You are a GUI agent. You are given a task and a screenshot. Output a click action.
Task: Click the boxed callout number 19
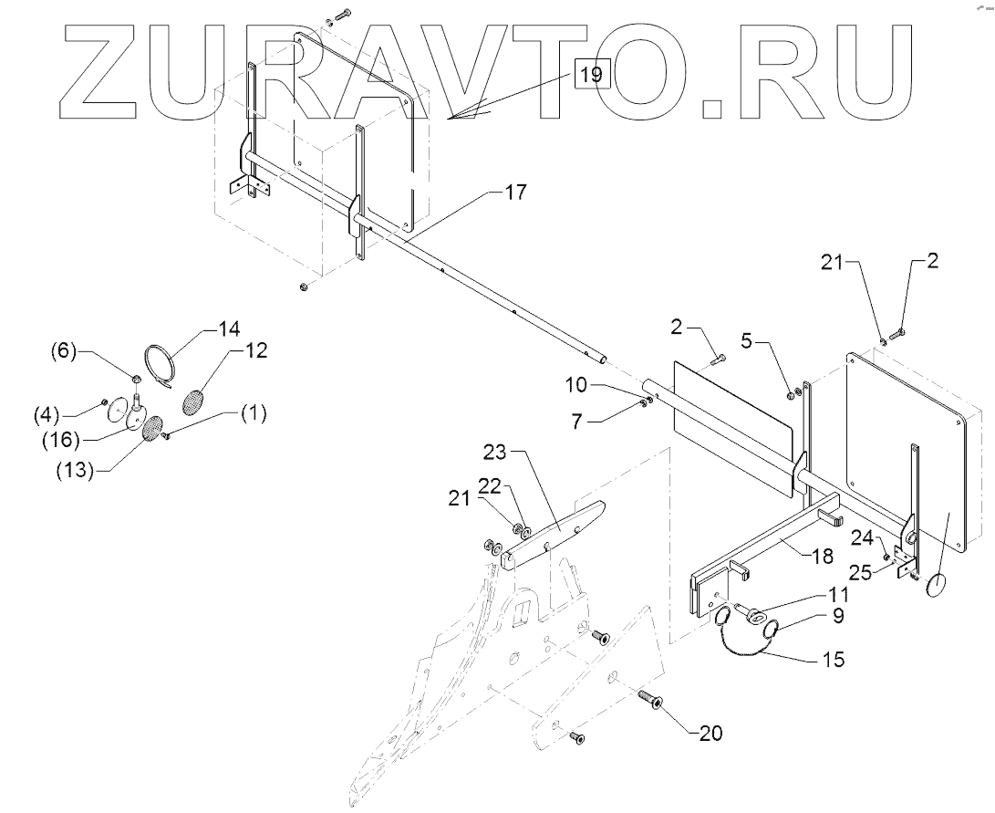click(x=591, y=74)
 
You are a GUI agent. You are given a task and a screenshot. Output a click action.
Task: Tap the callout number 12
click(x=256, y=351)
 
